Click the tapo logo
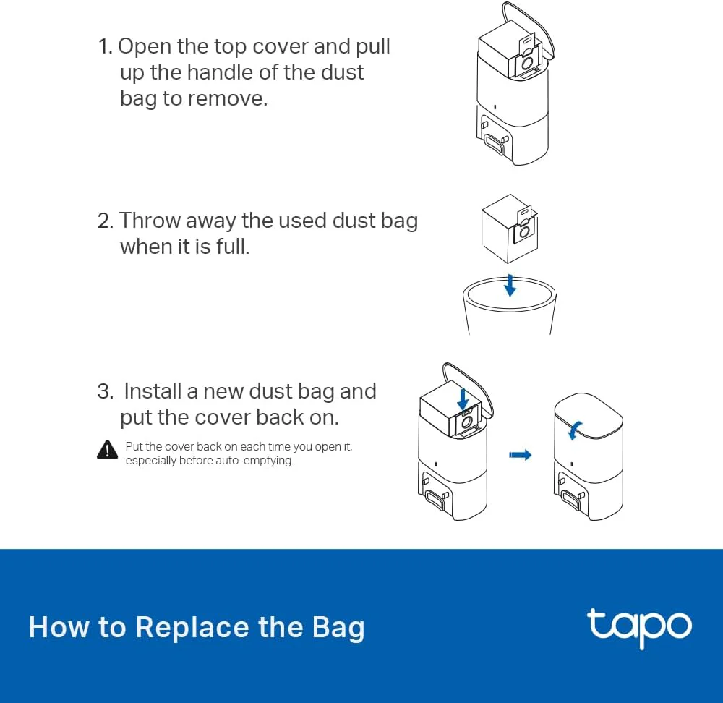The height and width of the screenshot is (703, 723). click(639, 626)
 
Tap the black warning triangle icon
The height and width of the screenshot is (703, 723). click(107, 449)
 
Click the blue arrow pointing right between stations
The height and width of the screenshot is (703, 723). click(520, 455)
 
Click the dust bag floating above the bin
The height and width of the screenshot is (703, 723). click(509, 228)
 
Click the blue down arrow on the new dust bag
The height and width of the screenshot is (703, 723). click(463, 399)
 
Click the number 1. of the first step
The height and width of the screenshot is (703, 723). click(106, 47)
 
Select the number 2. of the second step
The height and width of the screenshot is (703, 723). click(106, 221)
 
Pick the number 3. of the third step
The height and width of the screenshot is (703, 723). click(106, 391)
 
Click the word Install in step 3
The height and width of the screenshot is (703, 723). click(153, 391)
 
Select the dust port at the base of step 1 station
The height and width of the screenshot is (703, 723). click(497, 143)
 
